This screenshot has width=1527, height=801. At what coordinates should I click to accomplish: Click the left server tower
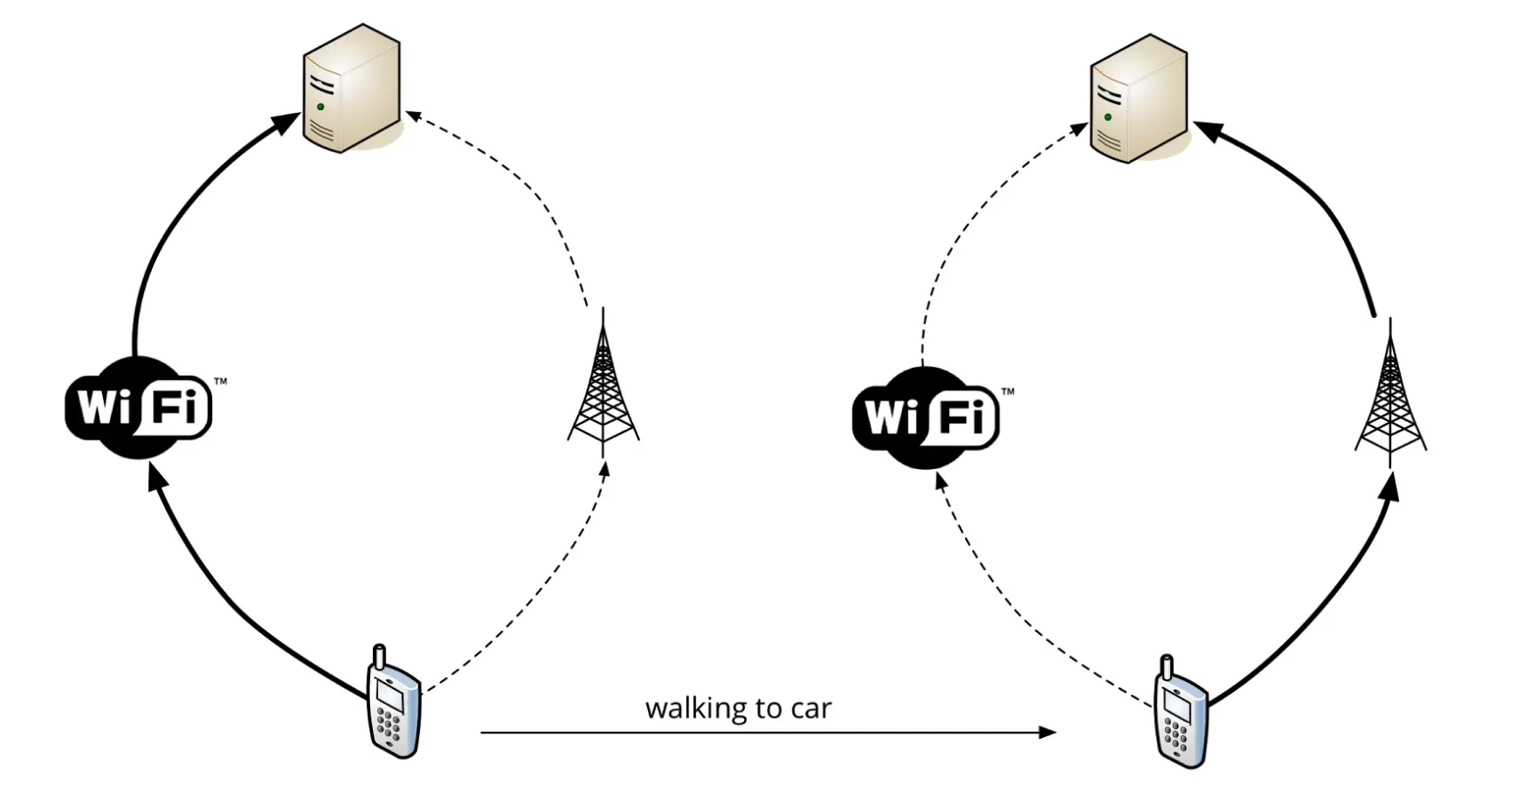tap(351, 87)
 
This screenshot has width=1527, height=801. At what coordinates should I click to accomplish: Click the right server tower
tap(1138, 98)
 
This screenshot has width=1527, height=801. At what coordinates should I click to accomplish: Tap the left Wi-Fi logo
tap(138, 408)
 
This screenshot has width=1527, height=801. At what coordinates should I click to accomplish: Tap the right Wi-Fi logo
tap(926, 417)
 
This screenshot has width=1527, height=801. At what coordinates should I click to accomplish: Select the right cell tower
tap(1390, 398)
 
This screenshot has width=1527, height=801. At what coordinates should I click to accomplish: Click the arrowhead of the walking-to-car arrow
tap(1048, 733)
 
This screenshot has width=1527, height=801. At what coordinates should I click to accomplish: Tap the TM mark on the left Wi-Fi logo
tap(220, 381)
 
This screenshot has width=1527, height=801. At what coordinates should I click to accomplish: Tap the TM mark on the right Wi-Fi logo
tap(1008, 391)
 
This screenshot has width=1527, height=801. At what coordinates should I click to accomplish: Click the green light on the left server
tap(320, 107)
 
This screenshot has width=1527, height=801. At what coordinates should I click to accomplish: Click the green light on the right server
tap(1108, 117)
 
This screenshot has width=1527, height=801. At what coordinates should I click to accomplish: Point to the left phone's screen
tap(390, 694)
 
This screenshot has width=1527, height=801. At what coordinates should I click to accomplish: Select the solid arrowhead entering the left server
tap(288, 123)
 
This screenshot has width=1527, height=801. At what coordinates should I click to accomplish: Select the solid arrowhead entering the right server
tap(1207, 131)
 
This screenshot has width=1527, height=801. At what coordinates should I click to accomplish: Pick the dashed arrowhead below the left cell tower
tap(605, 470)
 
